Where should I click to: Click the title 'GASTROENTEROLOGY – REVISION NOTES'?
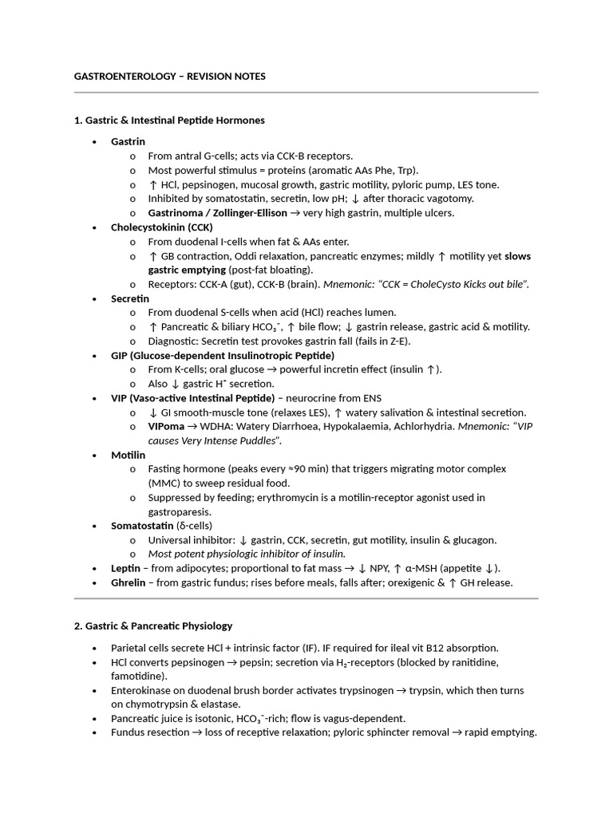(x=169, y=77)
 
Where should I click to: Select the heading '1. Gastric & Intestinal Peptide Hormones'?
(x=169, y=120)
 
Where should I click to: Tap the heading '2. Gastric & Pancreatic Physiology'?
(x=153, y=626)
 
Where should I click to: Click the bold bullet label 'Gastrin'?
(x=128, y=141)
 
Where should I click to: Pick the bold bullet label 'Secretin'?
(x=130, y=298)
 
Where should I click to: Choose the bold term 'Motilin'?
(x=128, y=455)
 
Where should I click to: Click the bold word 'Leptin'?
(x=125, y=568)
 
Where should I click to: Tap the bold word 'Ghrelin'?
(x=128, y=582)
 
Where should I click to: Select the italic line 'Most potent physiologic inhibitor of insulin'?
(x=247, y=554)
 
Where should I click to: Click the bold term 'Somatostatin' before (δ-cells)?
(x=142, y=526)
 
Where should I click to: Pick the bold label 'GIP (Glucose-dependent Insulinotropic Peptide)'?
(x=223, y=355)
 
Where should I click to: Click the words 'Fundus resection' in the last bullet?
(x=148, y=732)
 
